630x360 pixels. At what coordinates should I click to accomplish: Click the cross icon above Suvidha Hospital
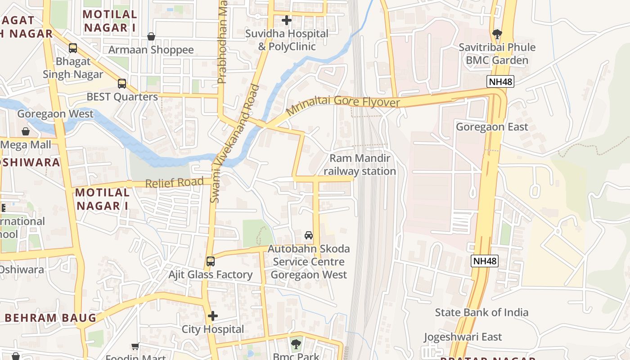tap(286, 20)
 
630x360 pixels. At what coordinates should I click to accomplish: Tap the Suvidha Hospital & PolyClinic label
tap(287, 40)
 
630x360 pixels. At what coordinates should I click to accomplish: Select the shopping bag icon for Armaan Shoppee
tap(151, 36)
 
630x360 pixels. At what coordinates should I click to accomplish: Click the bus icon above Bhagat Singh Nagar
tap(73, 48)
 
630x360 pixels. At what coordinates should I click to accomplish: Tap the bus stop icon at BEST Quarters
tap(121, 83)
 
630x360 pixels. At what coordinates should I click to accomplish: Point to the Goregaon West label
tap(55, 114)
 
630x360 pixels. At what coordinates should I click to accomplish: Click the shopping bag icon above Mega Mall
tap(26, 131)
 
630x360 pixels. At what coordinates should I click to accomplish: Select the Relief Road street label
tap(174, 183)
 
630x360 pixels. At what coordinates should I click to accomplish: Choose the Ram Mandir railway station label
tap(360, 165)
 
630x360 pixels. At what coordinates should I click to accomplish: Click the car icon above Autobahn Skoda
tap(309, 235)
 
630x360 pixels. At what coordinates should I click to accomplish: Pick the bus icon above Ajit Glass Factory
tap(210, 261)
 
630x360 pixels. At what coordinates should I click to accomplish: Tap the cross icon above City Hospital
tap(213, 316)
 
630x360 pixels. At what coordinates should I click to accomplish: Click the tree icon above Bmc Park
tap(296, 345)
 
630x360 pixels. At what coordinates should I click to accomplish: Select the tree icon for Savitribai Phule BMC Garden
tap(497, 34)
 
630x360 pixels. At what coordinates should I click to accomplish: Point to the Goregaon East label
tap(492, 127)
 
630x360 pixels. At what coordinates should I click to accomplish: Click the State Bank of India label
tap(481, 312)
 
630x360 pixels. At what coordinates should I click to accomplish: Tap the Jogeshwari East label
tap(463, 337)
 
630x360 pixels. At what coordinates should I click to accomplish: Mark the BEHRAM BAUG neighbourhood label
tap(50, 318)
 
